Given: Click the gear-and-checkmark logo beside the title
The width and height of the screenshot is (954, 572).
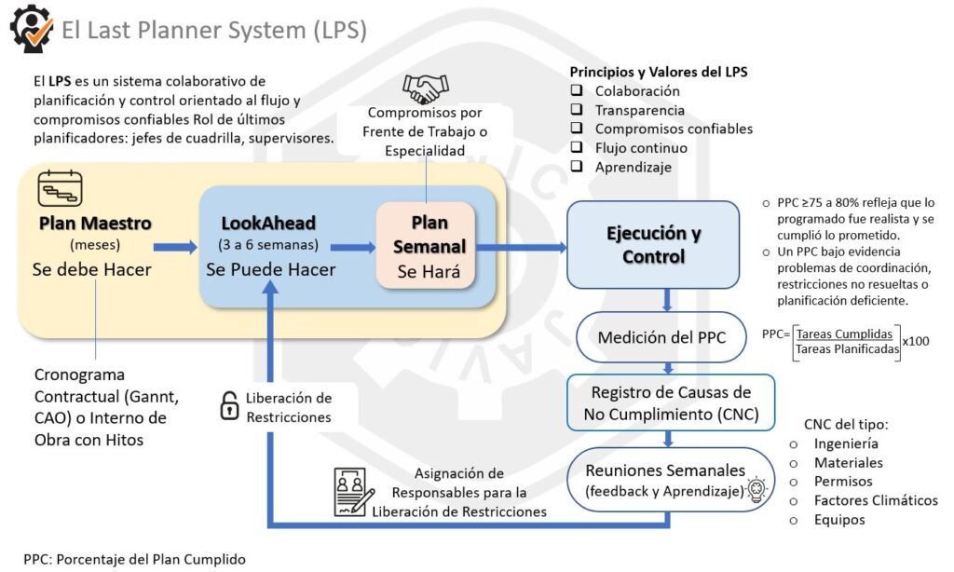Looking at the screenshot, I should click(31, 28).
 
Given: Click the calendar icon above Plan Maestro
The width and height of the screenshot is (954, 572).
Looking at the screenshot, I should click(61, 188).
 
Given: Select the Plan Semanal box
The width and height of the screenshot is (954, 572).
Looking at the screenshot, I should click(426, 244).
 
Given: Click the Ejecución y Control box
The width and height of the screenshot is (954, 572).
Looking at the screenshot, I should click(653, 244).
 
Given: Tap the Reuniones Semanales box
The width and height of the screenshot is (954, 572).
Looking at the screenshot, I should click(666, 480).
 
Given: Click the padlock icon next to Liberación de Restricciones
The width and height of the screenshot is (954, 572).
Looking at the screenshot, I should click(228, 406).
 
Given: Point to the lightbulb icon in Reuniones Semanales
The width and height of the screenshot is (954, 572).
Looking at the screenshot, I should click(756, 490).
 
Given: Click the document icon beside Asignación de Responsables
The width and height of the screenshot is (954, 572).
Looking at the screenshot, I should click(354, 491).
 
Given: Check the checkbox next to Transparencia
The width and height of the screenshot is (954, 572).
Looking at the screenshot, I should click(578, 110).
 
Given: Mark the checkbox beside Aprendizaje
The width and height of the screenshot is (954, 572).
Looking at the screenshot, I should click(578, 167).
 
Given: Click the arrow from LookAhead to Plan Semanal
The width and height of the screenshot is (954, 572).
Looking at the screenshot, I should click(353, 247).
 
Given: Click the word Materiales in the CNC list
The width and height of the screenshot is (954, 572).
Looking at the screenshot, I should click(848, 463).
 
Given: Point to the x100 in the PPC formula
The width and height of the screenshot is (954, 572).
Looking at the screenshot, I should click(917, 340).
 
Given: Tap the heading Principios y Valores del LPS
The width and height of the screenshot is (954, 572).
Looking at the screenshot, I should click(659, 72).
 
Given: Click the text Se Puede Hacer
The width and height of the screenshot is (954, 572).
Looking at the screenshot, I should click(270, 270).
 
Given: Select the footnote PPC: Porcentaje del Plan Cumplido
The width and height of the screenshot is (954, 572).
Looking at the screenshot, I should click(135, 559).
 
